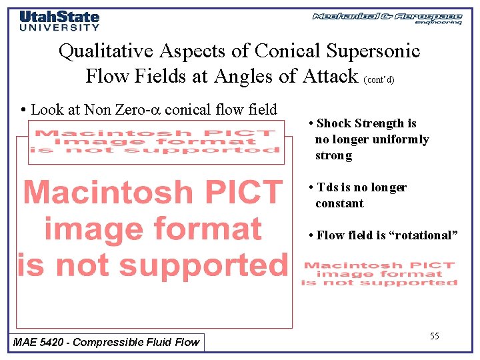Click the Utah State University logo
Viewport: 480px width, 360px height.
click(x=59, y=20)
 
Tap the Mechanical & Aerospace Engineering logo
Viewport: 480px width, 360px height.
click(x=387, y=18)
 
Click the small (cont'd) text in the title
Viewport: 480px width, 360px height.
click(x=379, y=79)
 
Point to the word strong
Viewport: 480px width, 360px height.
click(x=333, y=156)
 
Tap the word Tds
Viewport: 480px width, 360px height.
click(x=329, y=187)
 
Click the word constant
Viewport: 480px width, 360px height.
click(x=339, y=203)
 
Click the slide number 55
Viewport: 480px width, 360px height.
click(x=434, y=336)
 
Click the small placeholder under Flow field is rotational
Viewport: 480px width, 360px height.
click(x=379, y=274)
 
